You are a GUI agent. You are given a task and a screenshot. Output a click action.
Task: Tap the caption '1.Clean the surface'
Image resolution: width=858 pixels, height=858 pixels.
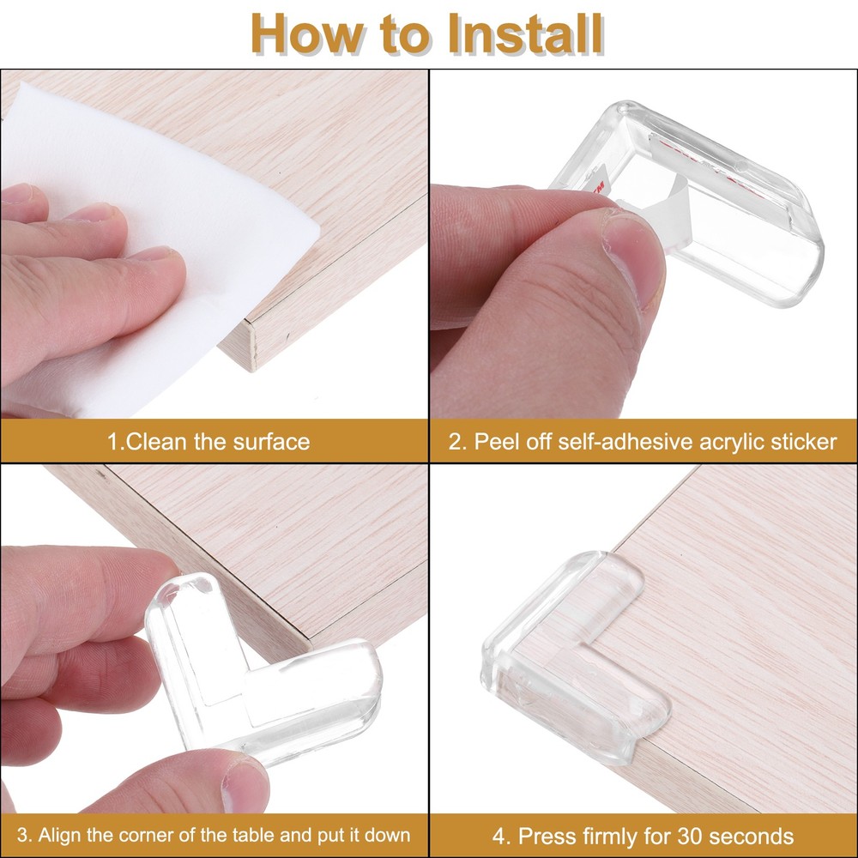coord(208,442)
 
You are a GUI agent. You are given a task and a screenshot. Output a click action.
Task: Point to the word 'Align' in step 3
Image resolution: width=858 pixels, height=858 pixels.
coord(67,835)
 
